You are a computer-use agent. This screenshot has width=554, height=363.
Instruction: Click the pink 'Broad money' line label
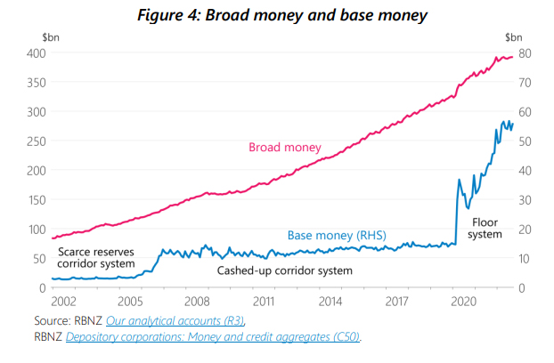click(284, 147)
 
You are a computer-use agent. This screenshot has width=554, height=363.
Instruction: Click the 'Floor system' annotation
click(485, 227)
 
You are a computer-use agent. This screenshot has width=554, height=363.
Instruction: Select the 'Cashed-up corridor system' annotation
click(285, 270)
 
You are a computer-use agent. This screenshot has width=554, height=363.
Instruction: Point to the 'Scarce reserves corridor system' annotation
click(95, 258)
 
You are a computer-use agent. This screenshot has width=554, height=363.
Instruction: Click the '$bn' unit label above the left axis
click(50, 36)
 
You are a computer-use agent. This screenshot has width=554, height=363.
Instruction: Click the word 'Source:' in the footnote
click(53, 320)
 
